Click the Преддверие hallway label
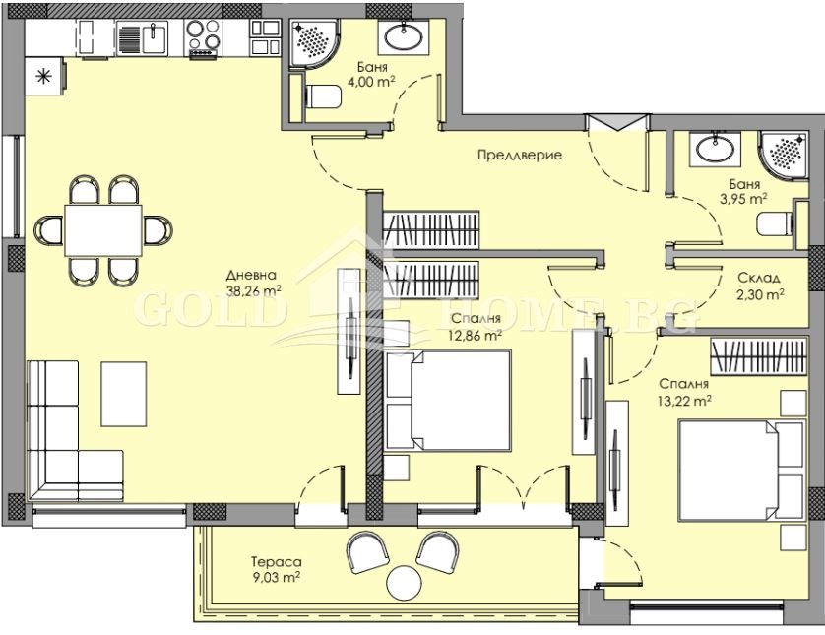(x=519, y=155)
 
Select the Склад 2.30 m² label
(x=760, y=286)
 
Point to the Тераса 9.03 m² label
(x=277, y=570)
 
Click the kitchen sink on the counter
(x=143, y=38)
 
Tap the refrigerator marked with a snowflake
(x=44, y=76)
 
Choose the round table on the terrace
(x=405, y=583)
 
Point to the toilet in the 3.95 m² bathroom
(x=776, y=224)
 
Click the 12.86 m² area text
(x=476, y=334)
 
